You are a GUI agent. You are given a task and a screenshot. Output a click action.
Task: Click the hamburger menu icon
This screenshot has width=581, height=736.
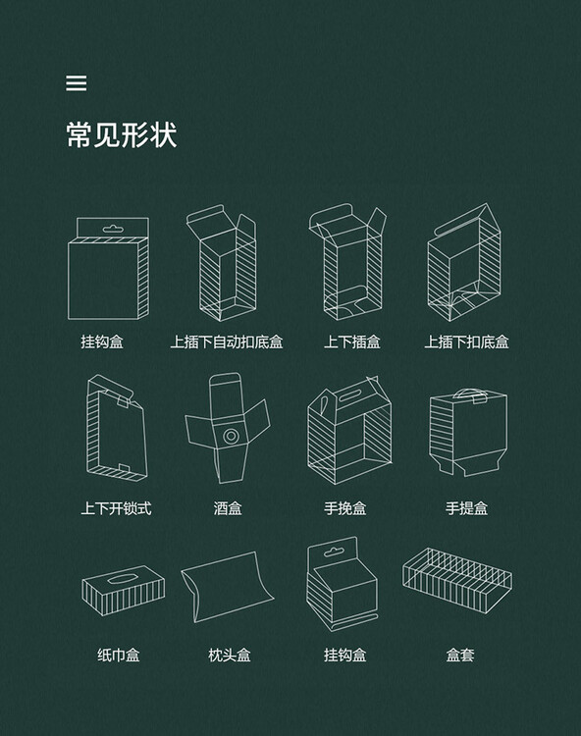pos(76,83)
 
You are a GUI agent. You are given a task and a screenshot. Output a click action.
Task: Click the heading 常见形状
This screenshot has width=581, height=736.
pos(122,135)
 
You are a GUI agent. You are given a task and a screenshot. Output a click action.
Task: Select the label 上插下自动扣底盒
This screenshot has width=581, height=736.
pos(226,342)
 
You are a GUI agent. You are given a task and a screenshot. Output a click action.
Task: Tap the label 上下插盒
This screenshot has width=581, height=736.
pos(351,342)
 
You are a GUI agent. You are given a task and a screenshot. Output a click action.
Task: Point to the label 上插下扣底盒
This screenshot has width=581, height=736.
pos(466,342)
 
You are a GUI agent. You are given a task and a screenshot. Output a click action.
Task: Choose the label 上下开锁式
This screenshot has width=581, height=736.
pos(116,508)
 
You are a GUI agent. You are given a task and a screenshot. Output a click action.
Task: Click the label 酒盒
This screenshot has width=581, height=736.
pos(228,508)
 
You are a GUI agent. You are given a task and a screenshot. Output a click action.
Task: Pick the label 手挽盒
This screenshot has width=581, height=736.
pos(344,508)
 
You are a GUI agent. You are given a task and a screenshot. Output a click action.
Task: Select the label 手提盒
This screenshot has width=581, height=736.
pos(466,508)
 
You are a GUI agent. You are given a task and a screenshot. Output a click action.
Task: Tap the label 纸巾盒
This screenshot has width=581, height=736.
pos(119,655)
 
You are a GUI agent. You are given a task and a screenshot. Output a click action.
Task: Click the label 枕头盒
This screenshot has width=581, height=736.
pos(230,655)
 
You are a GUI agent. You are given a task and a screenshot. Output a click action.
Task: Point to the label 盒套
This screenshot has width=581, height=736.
pos(460,655)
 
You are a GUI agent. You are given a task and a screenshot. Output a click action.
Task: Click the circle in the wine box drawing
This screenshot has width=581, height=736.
pos(231,436)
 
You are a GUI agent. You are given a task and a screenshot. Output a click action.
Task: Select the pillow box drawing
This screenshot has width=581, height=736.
pos(227,587)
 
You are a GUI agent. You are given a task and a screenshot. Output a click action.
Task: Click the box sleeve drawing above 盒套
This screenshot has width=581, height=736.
pos(457,581)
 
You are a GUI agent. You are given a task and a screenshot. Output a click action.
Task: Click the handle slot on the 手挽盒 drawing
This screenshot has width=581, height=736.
pos(349,395)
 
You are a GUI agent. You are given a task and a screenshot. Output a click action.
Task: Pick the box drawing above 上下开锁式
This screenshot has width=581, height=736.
pos(117,428)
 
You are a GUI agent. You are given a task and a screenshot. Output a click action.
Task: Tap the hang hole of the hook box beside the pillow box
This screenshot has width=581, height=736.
pos(333,552)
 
